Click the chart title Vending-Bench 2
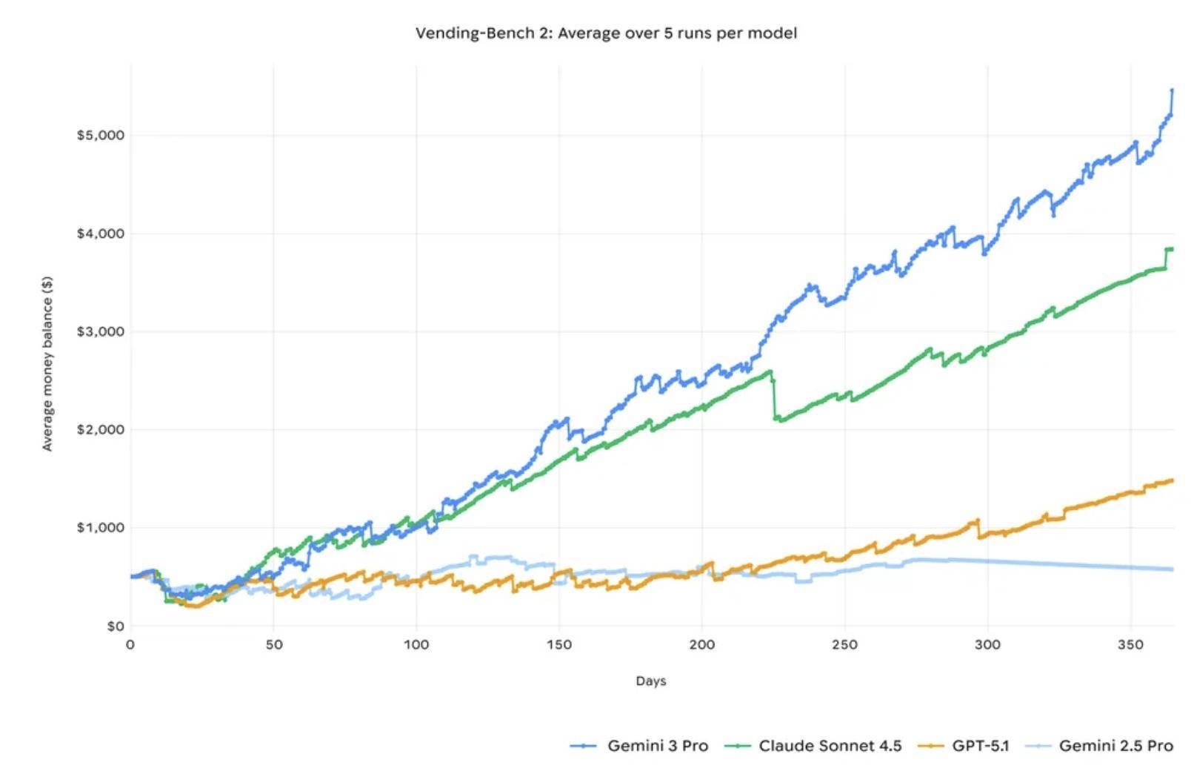click(606, 33)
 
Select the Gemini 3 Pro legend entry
click(657, 746)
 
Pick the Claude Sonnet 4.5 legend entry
click(830, 746)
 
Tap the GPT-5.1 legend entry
click(980, 746)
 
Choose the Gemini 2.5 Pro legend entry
click(1115, 746)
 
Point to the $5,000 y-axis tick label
click(101, 136)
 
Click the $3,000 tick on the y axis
click(101, 331)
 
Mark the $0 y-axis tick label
click(116, 626)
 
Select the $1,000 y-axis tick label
click(101, 528)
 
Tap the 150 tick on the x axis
click(559, 645)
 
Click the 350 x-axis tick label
click(1130, 645)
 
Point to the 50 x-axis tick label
click(274, 645)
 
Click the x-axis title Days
click(651, 681)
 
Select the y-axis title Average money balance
click(48, 363)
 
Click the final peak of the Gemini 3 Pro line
click(1172, 90)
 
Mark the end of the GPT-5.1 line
click(1172, 480)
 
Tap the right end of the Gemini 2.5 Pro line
click(1172, 569)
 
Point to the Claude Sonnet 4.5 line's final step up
click(1168, 250)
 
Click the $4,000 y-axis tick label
click(101, 234)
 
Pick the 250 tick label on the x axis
click(844, 645)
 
